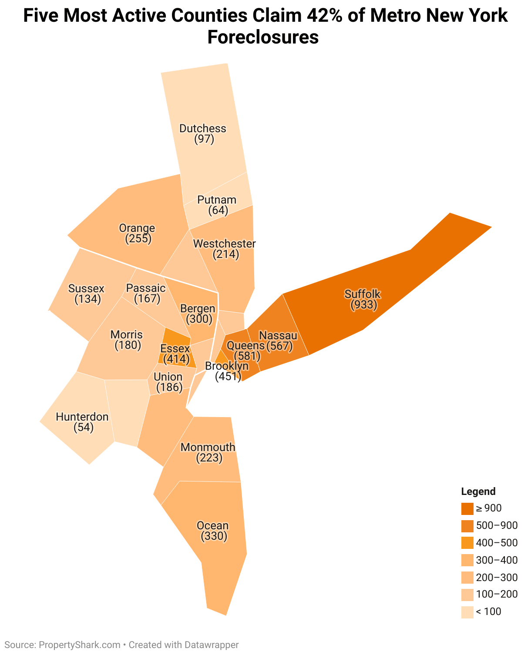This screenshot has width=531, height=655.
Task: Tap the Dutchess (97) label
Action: [x=203, y=134]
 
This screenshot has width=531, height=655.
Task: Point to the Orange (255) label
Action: [x=137, y=233]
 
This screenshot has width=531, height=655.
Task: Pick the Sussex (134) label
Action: [x=87, y=294]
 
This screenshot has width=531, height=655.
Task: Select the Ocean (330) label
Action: [x=213, y=531]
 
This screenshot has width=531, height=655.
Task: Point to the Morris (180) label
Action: [x=127, y=340]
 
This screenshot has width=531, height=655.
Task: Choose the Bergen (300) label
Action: [x=198, y=314]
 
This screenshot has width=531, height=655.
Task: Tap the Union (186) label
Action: [x=168, y=381]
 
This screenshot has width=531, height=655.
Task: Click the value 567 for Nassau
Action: [x=279, y=346]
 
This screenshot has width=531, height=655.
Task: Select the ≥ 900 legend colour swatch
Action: [x=467, y=508]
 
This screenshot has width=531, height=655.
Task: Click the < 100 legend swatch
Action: [x=467, y=612]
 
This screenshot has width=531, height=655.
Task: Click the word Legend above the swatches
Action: [x=478, y=491]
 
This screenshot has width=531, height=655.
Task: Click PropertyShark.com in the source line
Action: [x=80, y=645]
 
